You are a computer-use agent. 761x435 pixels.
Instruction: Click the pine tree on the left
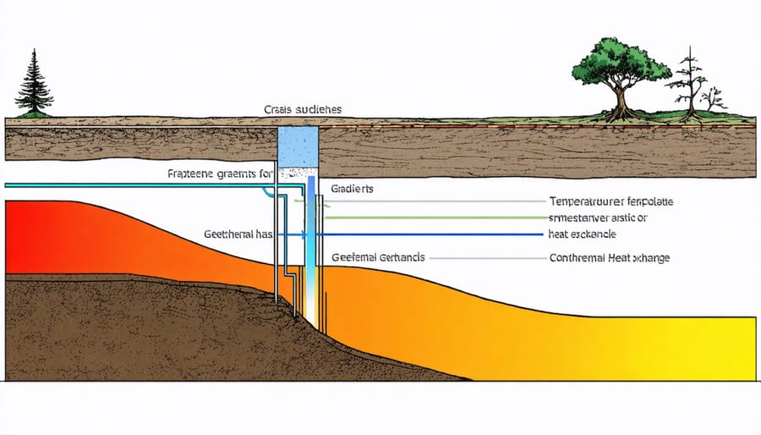point(33,85)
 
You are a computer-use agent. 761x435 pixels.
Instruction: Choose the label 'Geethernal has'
point(238,234)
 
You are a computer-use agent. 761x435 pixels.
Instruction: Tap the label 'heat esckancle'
point(583,233)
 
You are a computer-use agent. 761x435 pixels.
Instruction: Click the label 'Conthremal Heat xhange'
point(609,257)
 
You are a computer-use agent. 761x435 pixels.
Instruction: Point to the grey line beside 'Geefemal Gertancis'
point(490,257)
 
